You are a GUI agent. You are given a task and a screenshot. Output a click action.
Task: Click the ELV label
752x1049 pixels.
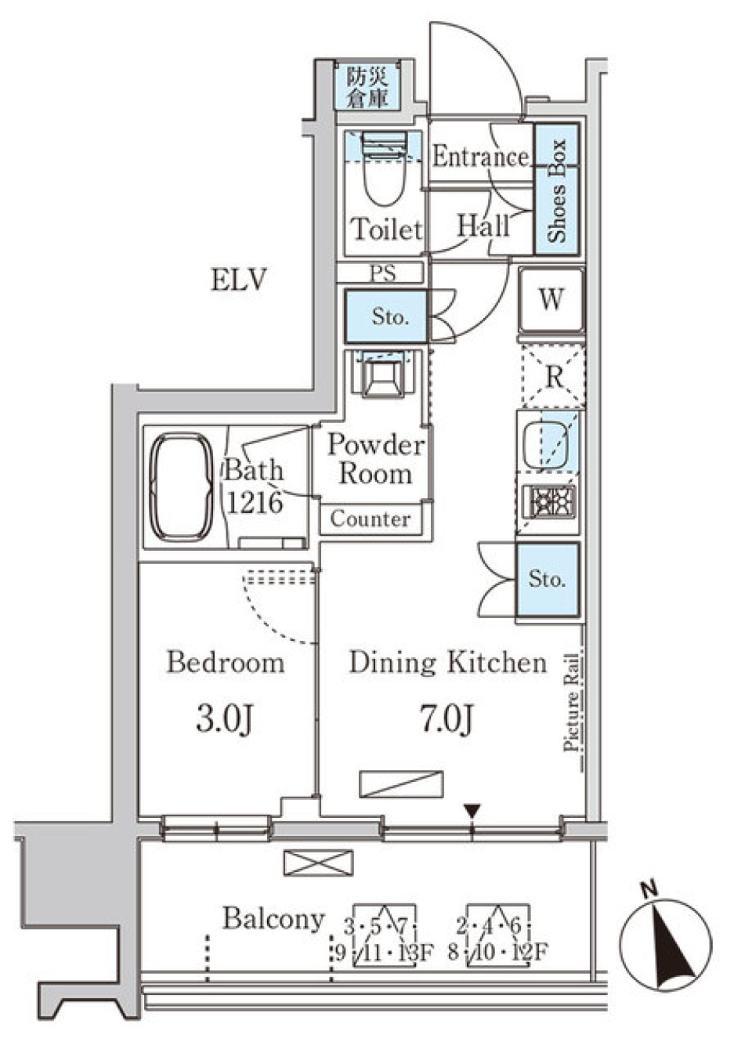coord(238,280)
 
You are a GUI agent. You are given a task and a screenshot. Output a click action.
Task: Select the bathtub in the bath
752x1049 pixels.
coord(181,487)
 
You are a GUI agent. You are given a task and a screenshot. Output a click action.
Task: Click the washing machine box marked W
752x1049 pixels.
coord(551,299)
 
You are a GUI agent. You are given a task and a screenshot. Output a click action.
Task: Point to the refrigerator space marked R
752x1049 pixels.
coord(553,377)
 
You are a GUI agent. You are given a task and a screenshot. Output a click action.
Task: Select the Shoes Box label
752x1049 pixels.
coord(557,190)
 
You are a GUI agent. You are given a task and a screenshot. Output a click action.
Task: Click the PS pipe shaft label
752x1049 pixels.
coord(383,273)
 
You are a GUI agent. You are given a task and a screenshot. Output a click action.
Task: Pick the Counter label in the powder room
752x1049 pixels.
coord(370,519)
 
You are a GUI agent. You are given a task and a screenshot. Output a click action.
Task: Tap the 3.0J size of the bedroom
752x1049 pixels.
coord(224,718)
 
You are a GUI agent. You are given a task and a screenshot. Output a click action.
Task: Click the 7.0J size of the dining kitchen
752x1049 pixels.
coord(446,718)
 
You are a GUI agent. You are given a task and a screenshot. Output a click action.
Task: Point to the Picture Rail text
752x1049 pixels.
coord(572,703)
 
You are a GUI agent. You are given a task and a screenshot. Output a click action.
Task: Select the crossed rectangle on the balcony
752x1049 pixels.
coord(318,863)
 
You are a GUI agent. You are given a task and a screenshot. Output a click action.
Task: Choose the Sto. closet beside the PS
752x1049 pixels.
coord(388,317)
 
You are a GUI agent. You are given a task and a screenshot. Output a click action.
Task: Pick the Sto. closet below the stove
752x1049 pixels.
coord(547,579)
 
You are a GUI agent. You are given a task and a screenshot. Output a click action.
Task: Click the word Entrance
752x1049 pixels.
coord(480,157)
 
